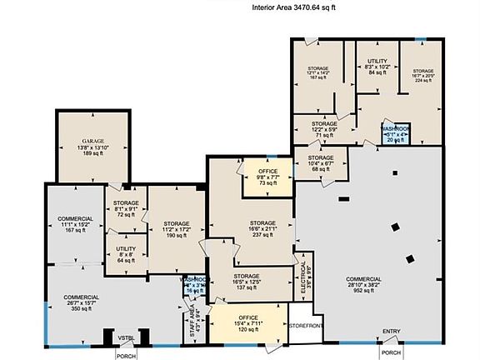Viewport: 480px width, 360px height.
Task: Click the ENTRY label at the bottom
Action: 391,332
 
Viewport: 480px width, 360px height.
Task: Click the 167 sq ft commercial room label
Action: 76,224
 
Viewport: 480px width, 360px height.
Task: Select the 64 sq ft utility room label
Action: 125,254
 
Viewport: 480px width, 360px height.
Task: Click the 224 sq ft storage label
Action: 423,76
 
